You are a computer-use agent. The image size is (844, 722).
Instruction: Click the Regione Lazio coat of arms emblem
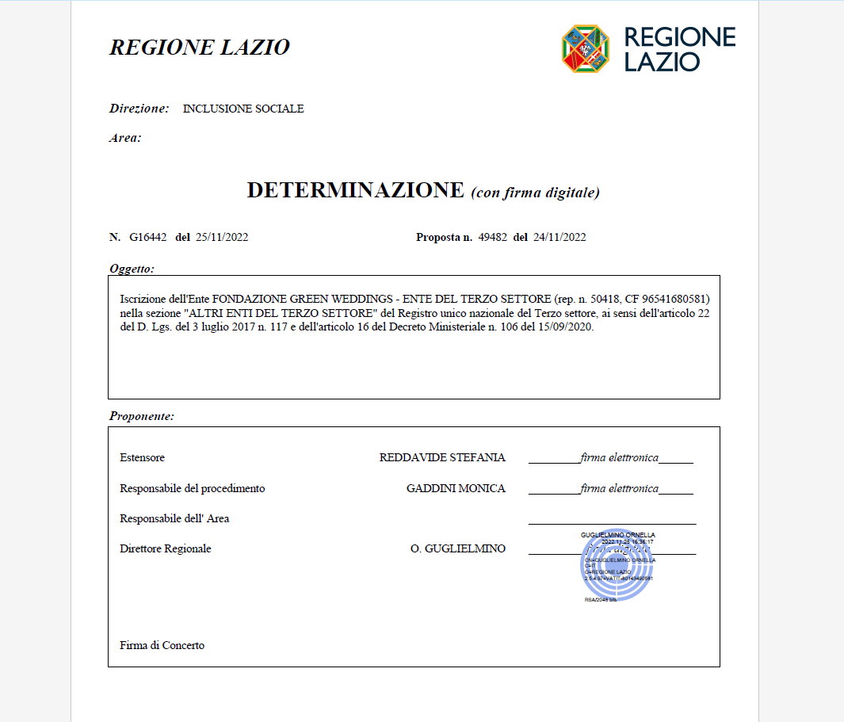586,48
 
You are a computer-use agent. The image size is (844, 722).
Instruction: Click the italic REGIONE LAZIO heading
199,48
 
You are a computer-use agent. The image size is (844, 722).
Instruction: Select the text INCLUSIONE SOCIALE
243,109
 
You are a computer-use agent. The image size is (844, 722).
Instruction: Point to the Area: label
125,138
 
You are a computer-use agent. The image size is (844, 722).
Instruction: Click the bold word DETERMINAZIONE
355,191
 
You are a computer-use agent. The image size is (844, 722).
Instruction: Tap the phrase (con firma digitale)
535,193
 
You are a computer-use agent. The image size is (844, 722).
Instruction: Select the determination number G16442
148,237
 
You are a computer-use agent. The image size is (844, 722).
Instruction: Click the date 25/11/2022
221,237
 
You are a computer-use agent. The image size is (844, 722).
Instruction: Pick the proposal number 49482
493,237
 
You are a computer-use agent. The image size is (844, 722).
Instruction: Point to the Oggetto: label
132,269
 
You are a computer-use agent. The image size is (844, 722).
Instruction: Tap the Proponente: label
142,416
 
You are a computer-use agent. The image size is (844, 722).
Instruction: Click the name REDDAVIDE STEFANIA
442,458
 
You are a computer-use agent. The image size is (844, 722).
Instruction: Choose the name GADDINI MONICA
456,489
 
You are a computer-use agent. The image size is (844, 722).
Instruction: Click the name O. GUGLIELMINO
458,549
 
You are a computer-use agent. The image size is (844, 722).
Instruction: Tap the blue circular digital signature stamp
617,564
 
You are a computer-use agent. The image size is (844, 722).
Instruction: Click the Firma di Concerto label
162,646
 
